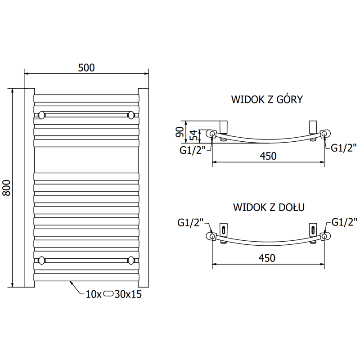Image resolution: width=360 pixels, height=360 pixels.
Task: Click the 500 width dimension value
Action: click(x=86, y=67)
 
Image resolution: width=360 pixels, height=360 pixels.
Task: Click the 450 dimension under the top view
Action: click(x=267, y=156)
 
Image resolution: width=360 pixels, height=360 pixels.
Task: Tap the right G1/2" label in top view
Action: click(x=344, y=147)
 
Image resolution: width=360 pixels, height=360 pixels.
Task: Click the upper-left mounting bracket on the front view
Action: click(x=41, y=115)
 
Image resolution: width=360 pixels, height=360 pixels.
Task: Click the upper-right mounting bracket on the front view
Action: click(x=131, y=115)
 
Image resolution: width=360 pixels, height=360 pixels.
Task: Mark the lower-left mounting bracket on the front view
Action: click(x=41, y=260)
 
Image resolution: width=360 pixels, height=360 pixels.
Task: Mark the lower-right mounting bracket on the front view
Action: click(x=131, y=260)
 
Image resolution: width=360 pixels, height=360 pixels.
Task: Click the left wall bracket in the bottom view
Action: click(x=224, y=229)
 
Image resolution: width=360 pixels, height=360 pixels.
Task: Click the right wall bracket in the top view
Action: click(x=313, y=126)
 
